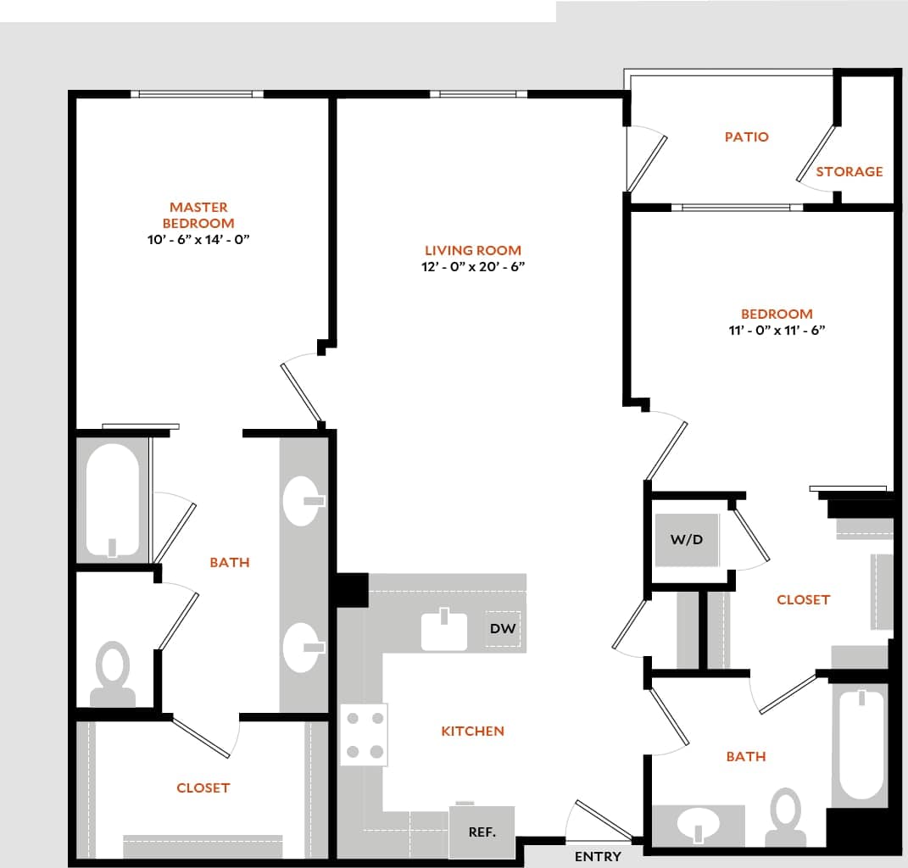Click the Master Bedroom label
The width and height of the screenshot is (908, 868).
[198, 214]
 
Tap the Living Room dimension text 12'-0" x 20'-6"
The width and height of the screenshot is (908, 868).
[473, 267]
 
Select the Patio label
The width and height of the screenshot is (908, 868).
[746, 136]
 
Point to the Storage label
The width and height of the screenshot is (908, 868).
[849, 171]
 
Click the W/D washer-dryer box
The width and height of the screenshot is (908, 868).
[687, 539]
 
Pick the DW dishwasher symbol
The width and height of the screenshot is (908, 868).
[503, 629]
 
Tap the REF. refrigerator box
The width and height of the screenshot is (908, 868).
[482, 832]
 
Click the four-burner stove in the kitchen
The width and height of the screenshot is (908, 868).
[364, 735]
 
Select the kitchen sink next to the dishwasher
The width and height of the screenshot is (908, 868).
[444, 630]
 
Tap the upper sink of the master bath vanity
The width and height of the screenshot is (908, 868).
[304, 501]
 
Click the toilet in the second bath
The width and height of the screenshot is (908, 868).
[786, 815]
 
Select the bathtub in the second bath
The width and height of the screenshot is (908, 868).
[861, 744]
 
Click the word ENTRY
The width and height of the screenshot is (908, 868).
[598, 856]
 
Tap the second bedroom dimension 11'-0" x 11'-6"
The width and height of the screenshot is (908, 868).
[777, 331]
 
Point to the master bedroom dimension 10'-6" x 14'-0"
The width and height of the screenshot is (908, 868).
[198, 240]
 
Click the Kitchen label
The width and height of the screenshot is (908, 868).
[472, 731]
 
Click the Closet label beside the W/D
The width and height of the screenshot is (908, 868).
[803, 599]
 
